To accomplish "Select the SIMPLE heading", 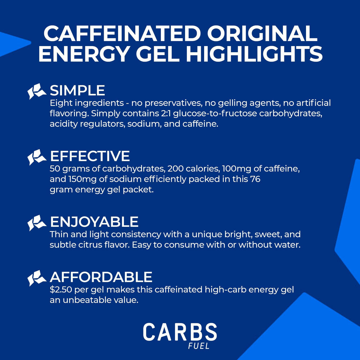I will pyautogui.click(x=77, y=90).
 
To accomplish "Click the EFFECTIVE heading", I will pyautogui.click(x=90, y=156).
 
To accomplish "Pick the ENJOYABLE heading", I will pyautogui.click(x=94, y=221).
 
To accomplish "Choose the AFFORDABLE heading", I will pyautogui.click(x=101, y=277).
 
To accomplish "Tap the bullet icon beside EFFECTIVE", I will pyautogui.click(x=37, y=157).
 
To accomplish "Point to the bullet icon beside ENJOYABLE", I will pyautogui.click(x=37, y=222).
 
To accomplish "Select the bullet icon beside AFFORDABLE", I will pyautogui.click(x=37, y=278).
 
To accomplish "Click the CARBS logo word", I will pyautogui.click(x=180, y=332).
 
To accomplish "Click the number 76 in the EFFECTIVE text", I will pyautogui.click(x=254, y=179).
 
